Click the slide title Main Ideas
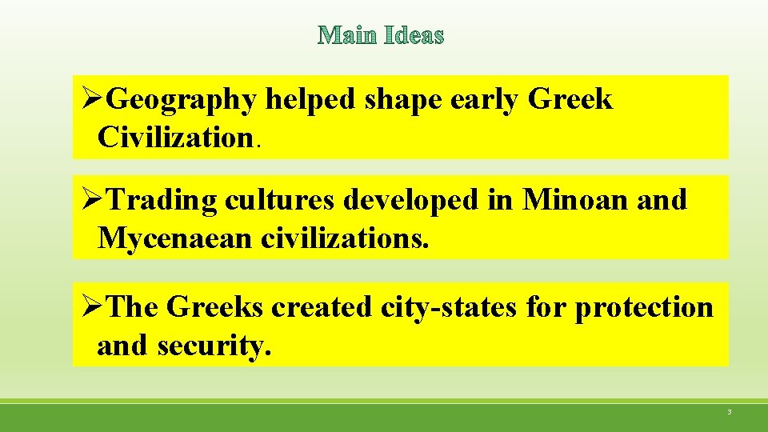click(x=381, y=36)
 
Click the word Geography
click(x=182, y=101)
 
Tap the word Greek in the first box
click(x=570, y=100)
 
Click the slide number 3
click(x=729, y=412)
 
